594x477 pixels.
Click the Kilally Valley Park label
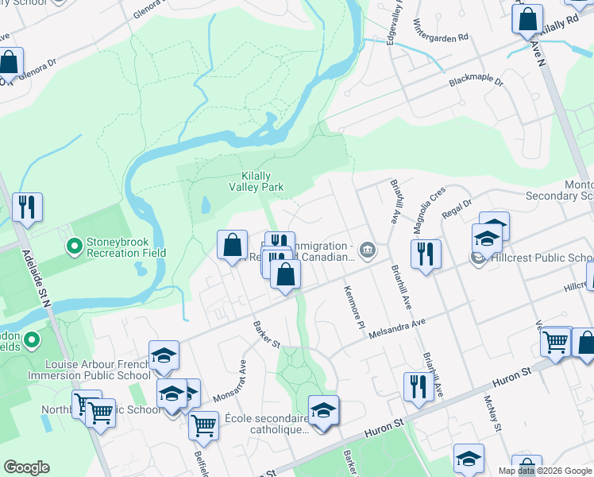[x=261, y=182]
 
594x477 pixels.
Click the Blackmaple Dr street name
[x=476, y=82]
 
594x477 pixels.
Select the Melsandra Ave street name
[x=398, y=324]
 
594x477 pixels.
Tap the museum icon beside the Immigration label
[x=367, y=250]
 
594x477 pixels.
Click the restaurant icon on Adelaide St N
[x=27, y=208]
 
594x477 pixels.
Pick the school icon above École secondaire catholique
[x=323, y=411]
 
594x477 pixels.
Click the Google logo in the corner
[x=26, y=467]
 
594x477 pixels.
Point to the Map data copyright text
[x=545, y=471]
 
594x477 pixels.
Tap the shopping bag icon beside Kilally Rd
[x=527, y=19]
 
